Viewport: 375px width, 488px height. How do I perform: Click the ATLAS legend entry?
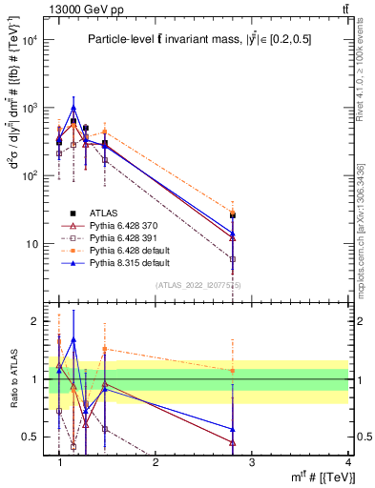[x=107, y=213]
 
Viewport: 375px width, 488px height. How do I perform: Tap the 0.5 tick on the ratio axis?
[x=35, y=437]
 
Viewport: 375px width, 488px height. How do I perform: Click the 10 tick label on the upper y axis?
[x=31, y=244]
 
